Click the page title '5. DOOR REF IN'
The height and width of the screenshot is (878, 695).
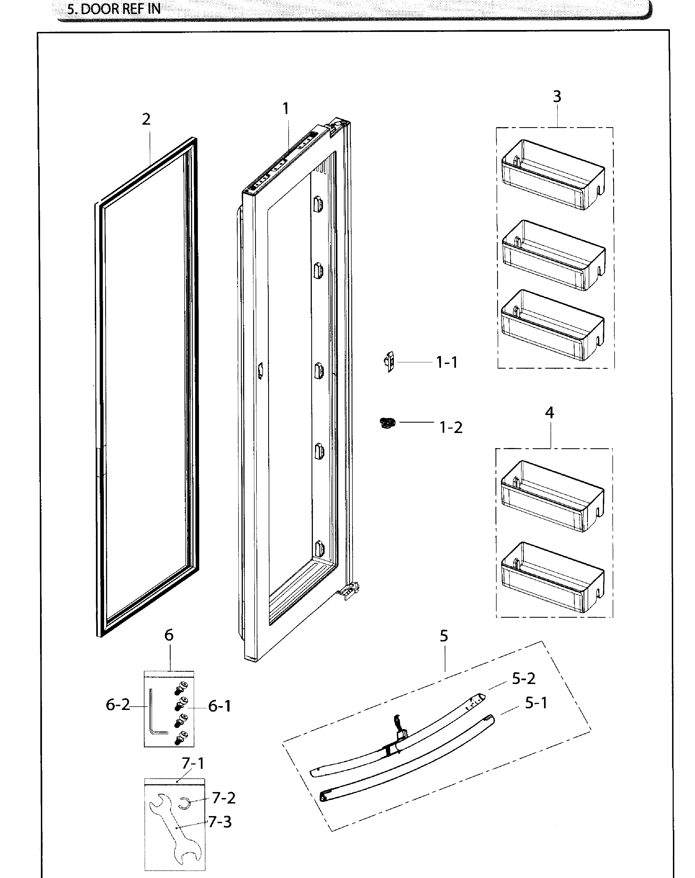(x=114, y=9)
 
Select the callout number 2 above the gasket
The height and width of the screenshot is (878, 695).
(x=146, y=119)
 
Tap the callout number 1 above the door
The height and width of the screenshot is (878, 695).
(x=286, y=109)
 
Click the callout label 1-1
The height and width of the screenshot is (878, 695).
(x=447, y=362)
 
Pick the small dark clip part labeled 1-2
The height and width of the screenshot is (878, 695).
(x=387, y=423)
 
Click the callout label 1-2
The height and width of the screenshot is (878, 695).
(x=451, y=428)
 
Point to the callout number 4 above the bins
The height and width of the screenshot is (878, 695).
(x=549, y=413)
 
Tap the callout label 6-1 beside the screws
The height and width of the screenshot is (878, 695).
(x=220, y=706)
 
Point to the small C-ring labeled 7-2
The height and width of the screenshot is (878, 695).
(x=184, y=804)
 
